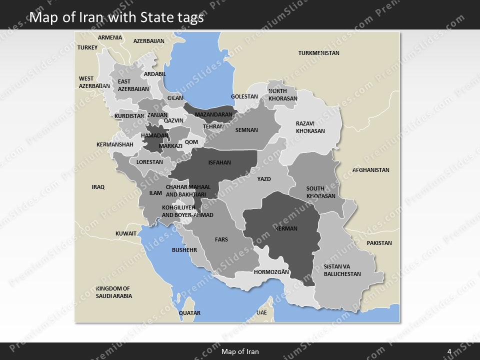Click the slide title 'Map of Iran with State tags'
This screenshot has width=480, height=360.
pos(116,17)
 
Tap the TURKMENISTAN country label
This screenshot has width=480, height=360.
pos(318,53)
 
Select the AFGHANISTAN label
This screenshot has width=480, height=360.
pos(370,170)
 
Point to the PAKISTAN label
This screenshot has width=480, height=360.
pos(379,243)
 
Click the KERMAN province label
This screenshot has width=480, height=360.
pos(286,228)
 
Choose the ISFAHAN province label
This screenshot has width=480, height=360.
pos(219,162)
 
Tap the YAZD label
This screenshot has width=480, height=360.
pos(264,179)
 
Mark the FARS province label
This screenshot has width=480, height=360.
pos(221,239)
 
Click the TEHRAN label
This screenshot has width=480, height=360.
pos(213,126)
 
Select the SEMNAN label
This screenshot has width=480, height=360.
pos(246,130)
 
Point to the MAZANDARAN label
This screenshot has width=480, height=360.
pos(213,114)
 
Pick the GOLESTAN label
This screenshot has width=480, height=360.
pos(244,96)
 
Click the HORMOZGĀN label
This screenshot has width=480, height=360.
pos(271,272)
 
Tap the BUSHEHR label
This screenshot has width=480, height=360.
pos(184,249)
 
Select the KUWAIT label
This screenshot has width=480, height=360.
pos(126,233)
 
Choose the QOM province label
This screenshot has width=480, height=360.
pos(191,142)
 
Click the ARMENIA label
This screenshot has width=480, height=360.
pos(110,37)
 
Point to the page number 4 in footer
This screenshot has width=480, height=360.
pos(449,351)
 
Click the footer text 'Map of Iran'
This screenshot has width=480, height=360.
pos(240,351)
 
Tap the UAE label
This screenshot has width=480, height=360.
pos(261,312)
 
